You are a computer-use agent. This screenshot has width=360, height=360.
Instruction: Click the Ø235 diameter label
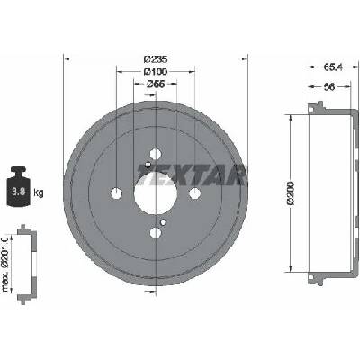click(156, 59)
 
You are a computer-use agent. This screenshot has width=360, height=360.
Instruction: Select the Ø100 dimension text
click(156, 72)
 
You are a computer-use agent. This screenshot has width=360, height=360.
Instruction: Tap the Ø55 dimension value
click(156, 85)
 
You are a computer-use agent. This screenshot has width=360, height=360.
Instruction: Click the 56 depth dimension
click(329, 87)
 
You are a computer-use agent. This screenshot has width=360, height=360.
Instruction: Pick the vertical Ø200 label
click(291, 193)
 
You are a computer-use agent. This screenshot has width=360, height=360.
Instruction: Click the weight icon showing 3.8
click(19, 186)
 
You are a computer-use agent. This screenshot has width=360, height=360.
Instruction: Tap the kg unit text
click(39, 193)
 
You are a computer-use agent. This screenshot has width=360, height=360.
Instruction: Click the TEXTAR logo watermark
click(192, 175)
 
